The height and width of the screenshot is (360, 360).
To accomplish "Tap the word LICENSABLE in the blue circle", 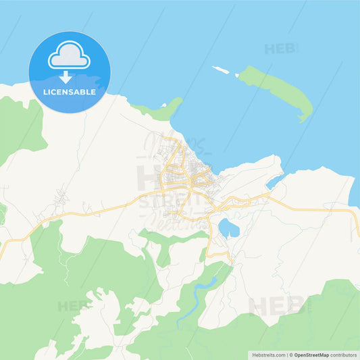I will pos(69,92).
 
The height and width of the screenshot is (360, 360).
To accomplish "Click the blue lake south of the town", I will pos(228,228).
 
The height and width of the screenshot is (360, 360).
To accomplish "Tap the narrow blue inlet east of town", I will pos(274,182).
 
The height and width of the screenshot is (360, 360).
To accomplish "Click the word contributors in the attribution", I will pos(344,354).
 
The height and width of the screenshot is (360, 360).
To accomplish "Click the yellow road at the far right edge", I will pos(356,223).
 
